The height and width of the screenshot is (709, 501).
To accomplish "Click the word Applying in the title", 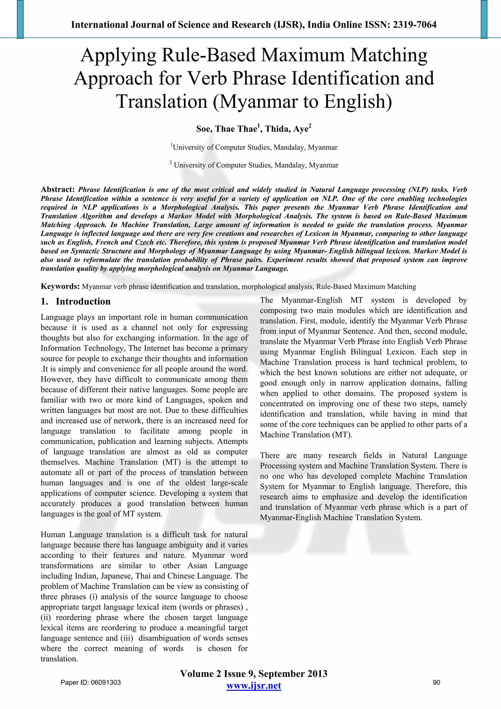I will [119, 55].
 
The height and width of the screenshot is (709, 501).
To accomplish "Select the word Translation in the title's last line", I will [162, 102].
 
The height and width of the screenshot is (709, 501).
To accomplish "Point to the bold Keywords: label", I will [60, 286].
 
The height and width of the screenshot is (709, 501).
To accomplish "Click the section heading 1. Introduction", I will [76, 301].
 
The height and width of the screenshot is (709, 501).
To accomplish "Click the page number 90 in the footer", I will [436, 682].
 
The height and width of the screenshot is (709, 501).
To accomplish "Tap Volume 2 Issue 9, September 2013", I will [254, 674].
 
